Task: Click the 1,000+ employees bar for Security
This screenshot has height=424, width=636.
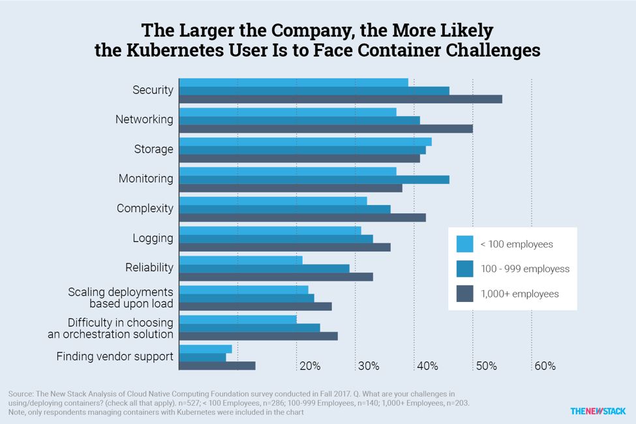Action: [x=341, y=99]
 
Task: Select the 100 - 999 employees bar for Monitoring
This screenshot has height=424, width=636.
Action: [x=314, y=179]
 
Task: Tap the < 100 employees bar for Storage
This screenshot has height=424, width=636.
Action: [x=305, y=142]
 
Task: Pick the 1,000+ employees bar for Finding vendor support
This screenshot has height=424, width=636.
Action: [x=217, y=366]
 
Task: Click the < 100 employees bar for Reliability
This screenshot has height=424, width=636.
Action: [x=241, y=260]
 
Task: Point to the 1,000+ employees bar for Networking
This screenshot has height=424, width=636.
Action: [x=326, y=129]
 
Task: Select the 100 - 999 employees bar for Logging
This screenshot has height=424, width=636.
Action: [x=276, y=239]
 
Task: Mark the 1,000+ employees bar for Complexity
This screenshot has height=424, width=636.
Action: [x=302, y=217]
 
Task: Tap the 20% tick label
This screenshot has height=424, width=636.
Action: [x=310, y=366]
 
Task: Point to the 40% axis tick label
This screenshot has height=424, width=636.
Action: [x=427, y=366]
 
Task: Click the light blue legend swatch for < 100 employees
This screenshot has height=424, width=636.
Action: [x=464, y=244]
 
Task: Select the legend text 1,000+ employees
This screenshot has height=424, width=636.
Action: [x=519, y=294]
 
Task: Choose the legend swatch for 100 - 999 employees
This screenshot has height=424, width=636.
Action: [x=464, y=269]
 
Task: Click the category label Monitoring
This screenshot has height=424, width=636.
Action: [x=146, y=178]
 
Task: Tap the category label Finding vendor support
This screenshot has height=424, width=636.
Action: [x=115, y=356]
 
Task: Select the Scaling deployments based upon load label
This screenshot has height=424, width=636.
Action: [x=121, y=297]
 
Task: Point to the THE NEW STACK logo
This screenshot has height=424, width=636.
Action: [x=598, y=411]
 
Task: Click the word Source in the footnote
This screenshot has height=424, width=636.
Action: [x=22, y=394]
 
